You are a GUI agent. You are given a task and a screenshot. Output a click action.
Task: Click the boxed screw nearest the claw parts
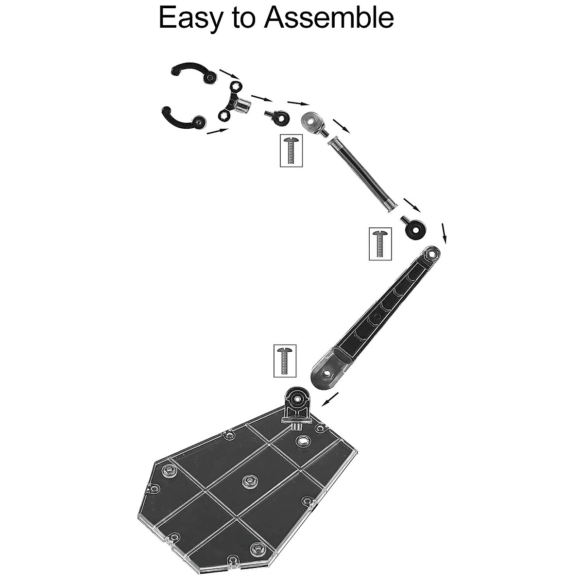(x=291, y=151)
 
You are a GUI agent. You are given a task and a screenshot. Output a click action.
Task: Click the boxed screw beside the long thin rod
(x=380, y=243)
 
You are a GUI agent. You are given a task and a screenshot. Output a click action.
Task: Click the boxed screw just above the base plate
(x=285, y=360)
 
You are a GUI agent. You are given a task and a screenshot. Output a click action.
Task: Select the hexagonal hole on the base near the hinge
(x=303, y=441)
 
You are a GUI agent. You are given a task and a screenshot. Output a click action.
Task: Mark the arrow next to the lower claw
(x=217, y=131)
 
